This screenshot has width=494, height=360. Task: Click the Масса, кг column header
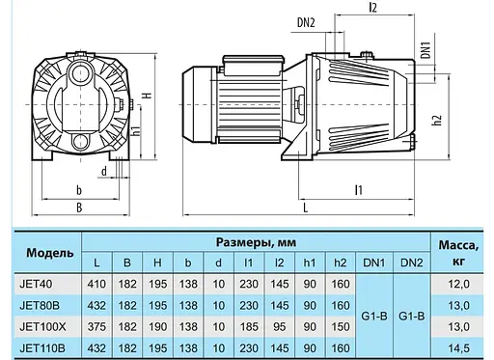coord(459,252)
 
